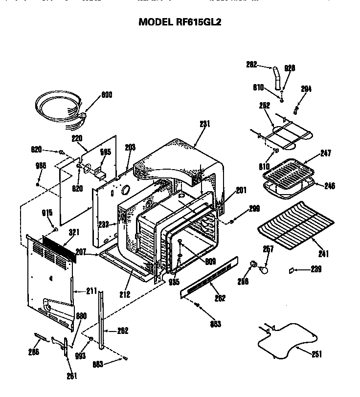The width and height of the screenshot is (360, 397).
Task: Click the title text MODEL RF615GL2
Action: coord(180,22)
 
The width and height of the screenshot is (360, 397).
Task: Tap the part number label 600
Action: coord(107,95)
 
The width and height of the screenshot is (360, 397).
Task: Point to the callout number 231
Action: coord(204,124)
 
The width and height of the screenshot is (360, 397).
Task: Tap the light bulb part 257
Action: coord(264,268)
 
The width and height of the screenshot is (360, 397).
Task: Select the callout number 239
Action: coord(316,268)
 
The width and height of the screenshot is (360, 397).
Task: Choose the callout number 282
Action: coord(251,64)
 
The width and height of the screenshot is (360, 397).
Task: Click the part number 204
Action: coord(306,89)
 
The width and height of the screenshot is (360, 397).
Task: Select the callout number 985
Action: coord(41,166)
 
